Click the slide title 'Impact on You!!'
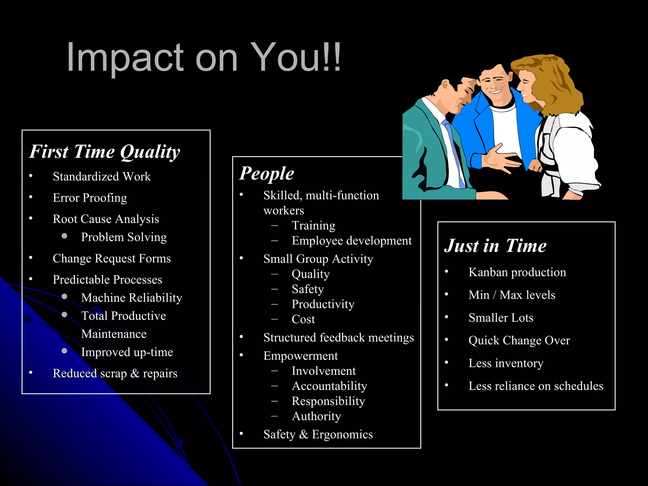(204, 57)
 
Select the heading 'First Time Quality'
(104, 152)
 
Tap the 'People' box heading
(266, 173)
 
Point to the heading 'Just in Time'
(495, 246)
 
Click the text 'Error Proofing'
(90, 198)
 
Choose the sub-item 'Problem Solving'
(124, 237)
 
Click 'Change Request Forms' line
(112, 259)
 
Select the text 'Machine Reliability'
(132, 298)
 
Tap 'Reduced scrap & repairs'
(115, 373)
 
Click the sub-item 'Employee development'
(352, 241)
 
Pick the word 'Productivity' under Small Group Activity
(323, 304)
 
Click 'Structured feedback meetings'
(339, 338)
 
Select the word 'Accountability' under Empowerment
(329, 386)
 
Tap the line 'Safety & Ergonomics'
(318, 434)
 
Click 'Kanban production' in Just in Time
(517, 272)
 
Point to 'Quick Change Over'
(519, 340)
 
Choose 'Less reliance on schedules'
(536, 386)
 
